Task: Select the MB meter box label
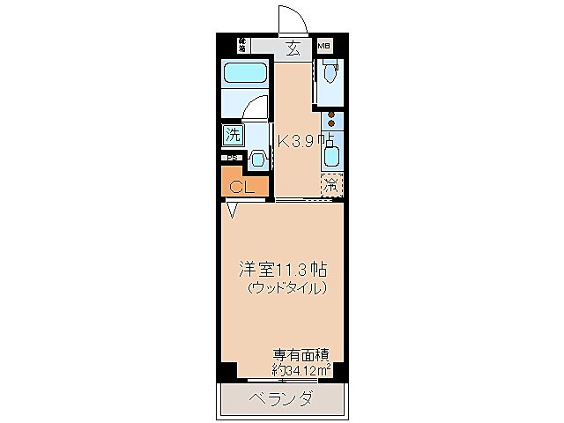pos(323,43)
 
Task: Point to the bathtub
pos(244,74)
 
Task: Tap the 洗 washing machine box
pos(233,136)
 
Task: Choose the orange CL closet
pos(241,187)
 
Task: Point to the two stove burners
pos(330,122)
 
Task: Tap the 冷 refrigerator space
pos(331,186)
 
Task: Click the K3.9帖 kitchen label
pos(305,140)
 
